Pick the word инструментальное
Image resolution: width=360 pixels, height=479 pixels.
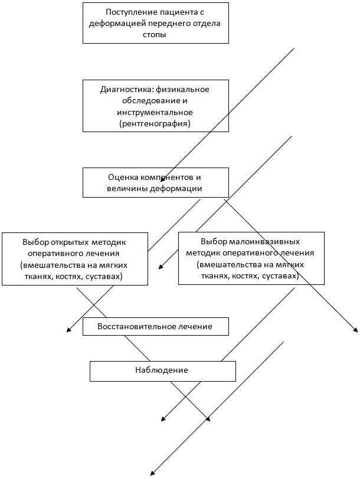[155, 111]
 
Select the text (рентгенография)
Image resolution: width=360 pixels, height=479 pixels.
[155, 123]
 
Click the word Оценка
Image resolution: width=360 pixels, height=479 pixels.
[123, 177]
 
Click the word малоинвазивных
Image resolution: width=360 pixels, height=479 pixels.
[269, 241]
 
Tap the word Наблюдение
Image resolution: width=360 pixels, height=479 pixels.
[162, 370]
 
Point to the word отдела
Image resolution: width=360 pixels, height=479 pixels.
[205, 24]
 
